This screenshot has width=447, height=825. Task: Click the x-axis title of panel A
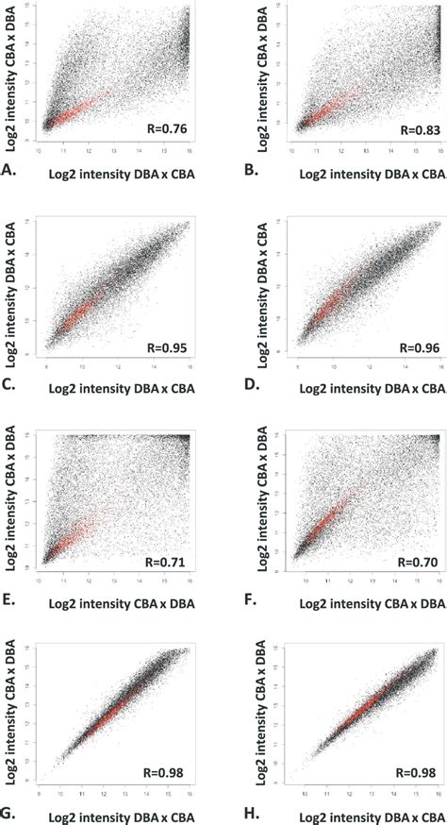point(118,173)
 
